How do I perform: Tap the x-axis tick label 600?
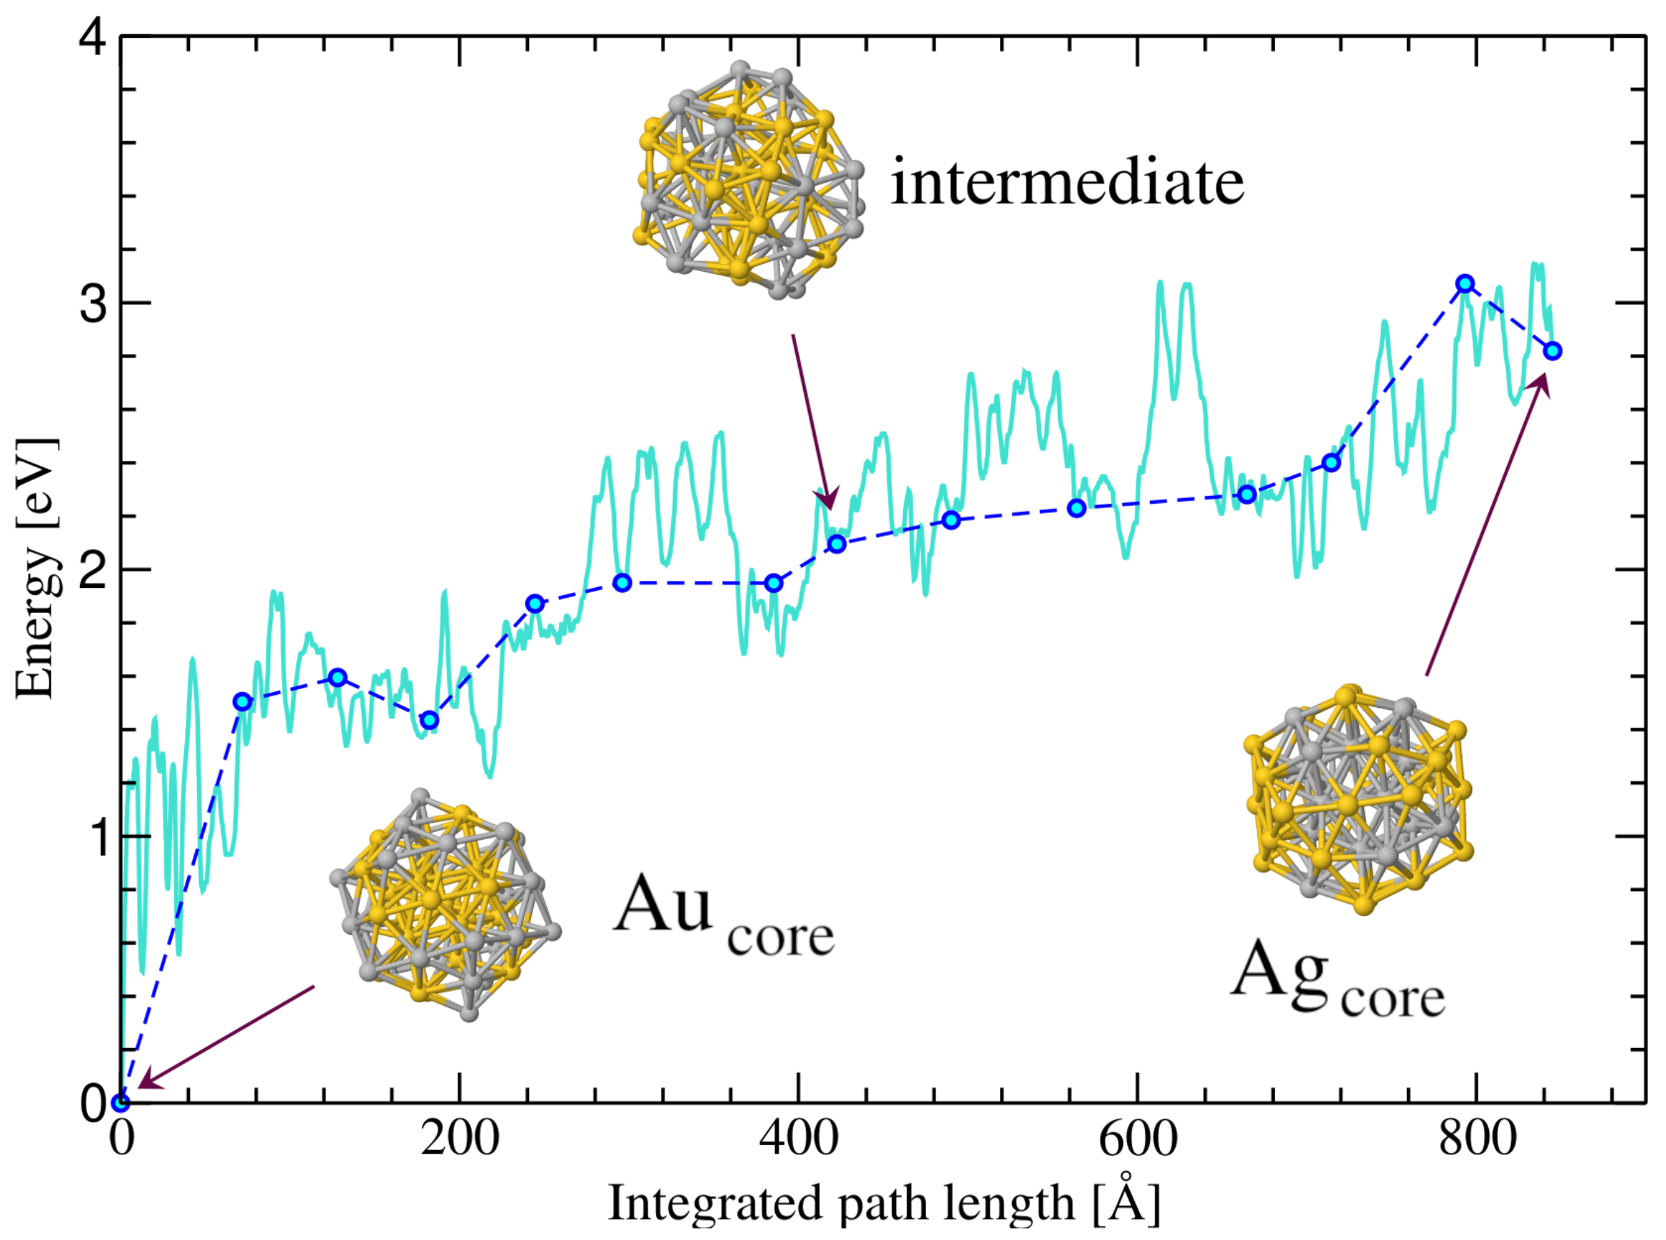click(x=1138, y=1139)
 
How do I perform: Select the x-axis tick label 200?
click(x=459, y=1139)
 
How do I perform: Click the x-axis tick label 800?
click(x=1477, y=1139)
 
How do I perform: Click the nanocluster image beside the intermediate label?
click(x=749, y=180)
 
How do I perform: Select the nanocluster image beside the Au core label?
click(x=445, y=905)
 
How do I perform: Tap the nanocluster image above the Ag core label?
click(x=1359, y=799)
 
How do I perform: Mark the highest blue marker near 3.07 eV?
click(x=1465, y=284)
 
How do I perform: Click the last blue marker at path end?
click(x=1553, y=350)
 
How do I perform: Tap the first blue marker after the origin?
click(x=242, y=702)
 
